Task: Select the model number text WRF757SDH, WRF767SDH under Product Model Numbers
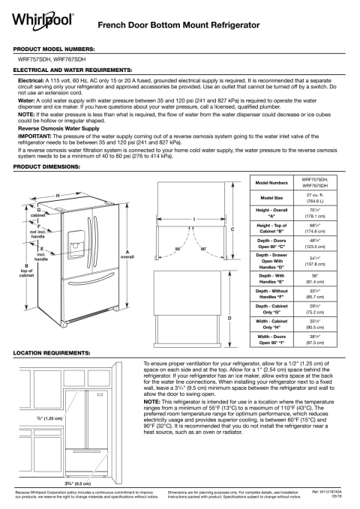tap(49, 57)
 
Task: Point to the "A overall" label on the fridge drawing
tap(127, 253)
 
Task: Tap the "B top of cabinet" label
tap(26, 271)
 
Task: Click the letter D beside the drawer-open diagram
tap(229, 318)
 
